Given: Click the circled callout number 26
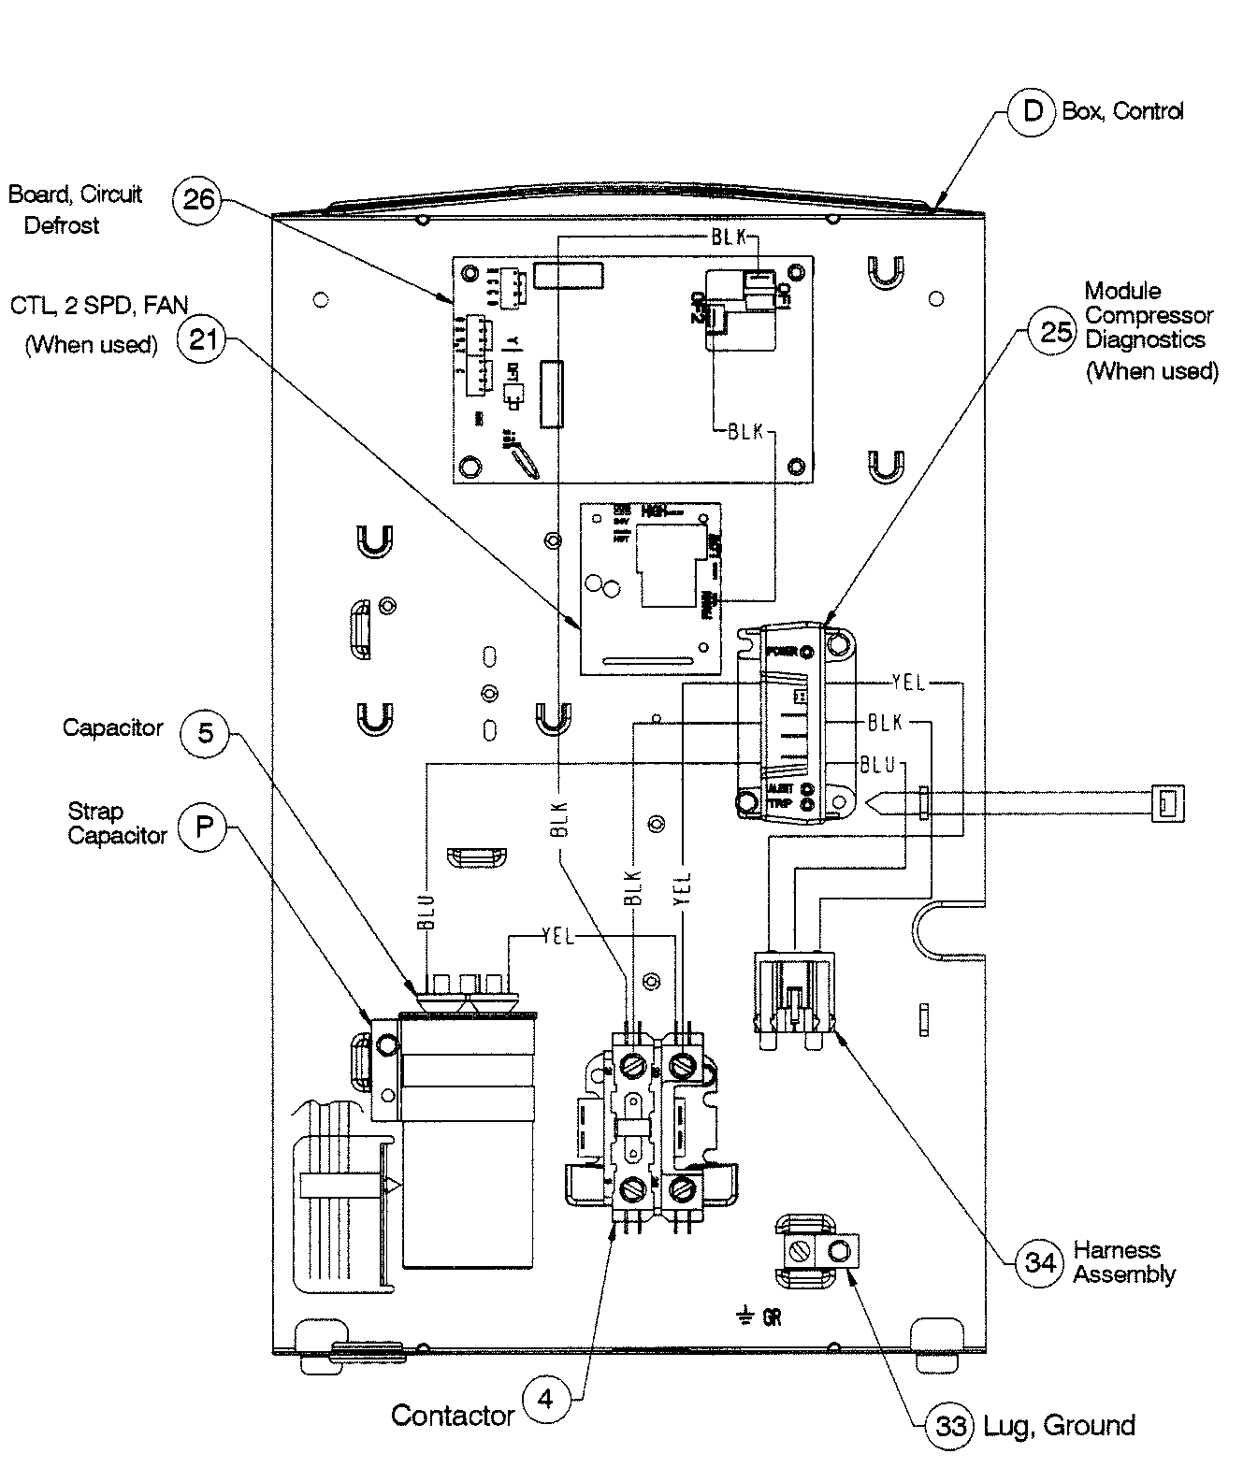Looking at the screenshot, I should pos(197,199).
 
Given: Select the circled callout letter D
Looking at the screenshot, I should pos(1033,111).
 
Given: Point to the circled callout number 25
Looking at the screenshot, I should pos(1054,331).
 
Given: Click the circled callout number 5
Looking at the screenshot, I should pos(205,732).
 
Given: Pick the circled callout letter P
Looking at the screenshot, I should pos(203,827).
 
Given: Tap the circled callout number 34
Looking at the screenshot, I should pos(1040,1262).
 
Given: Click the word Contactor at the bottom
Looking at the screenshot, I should pos(453,1416).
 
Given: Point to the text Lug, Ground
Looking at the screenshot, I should pos(1059,1426).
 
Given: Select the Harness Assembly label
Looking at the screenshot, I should pos(1123,1262).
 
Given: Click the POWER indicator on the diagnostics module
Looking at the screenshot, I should pos(806,652).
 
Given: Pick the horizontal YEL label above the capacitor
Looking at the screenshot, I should pos(558,936).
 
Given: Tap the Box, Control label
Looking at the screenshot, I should pos(1122,111).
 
